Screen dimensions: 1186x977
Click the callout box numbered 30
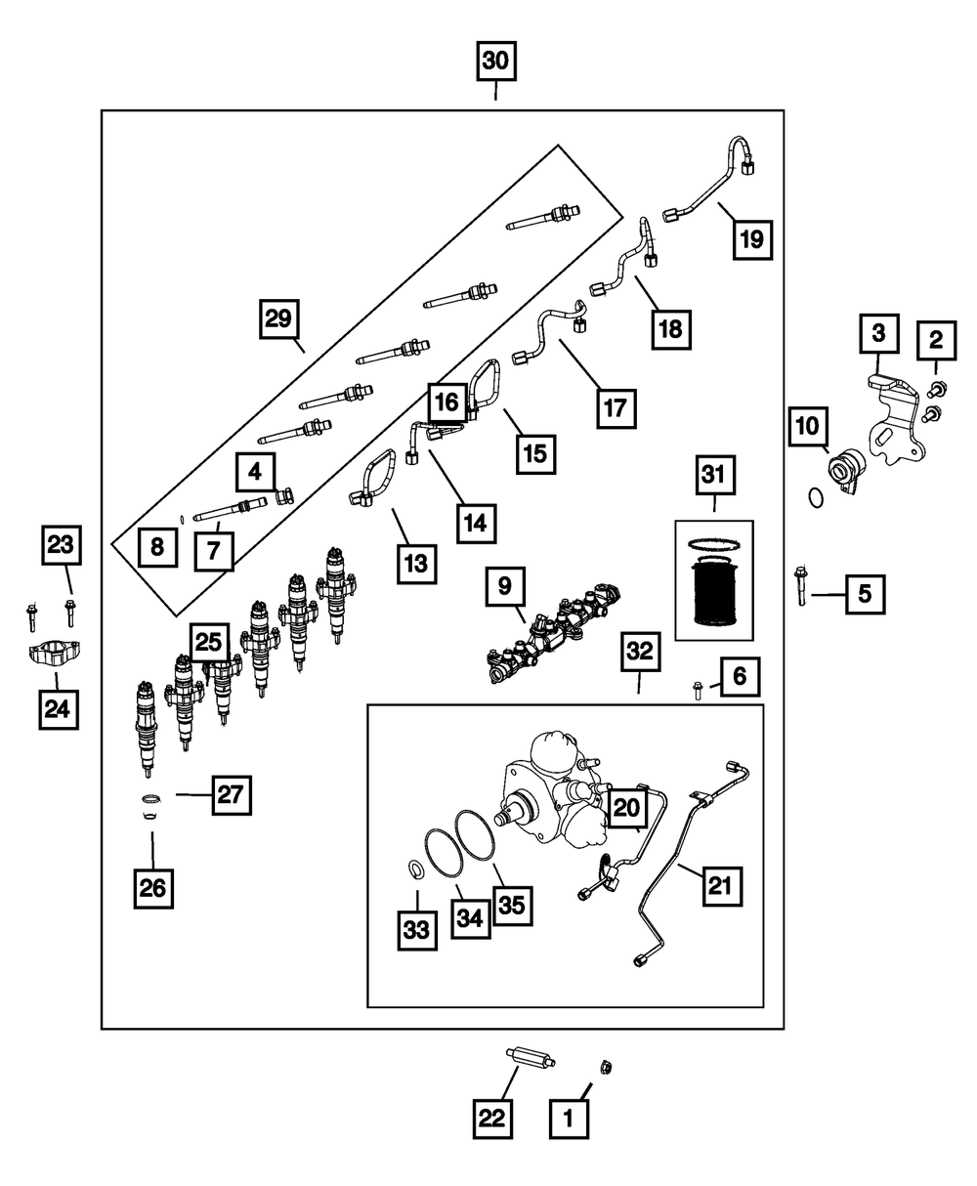coord(495,61)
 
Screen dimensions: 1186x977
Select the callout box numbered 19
coord(751,238)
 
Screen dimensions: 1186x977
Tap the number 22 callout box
coord(493,1119)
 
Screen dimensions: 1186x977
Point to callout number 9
coord(504,586)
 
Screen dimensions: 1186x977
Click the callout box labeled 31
coord(714,478)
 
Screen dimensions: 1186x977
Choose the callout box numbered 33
coord(417,931)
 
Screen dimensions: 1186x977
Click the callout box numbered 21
coord(720,886)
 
